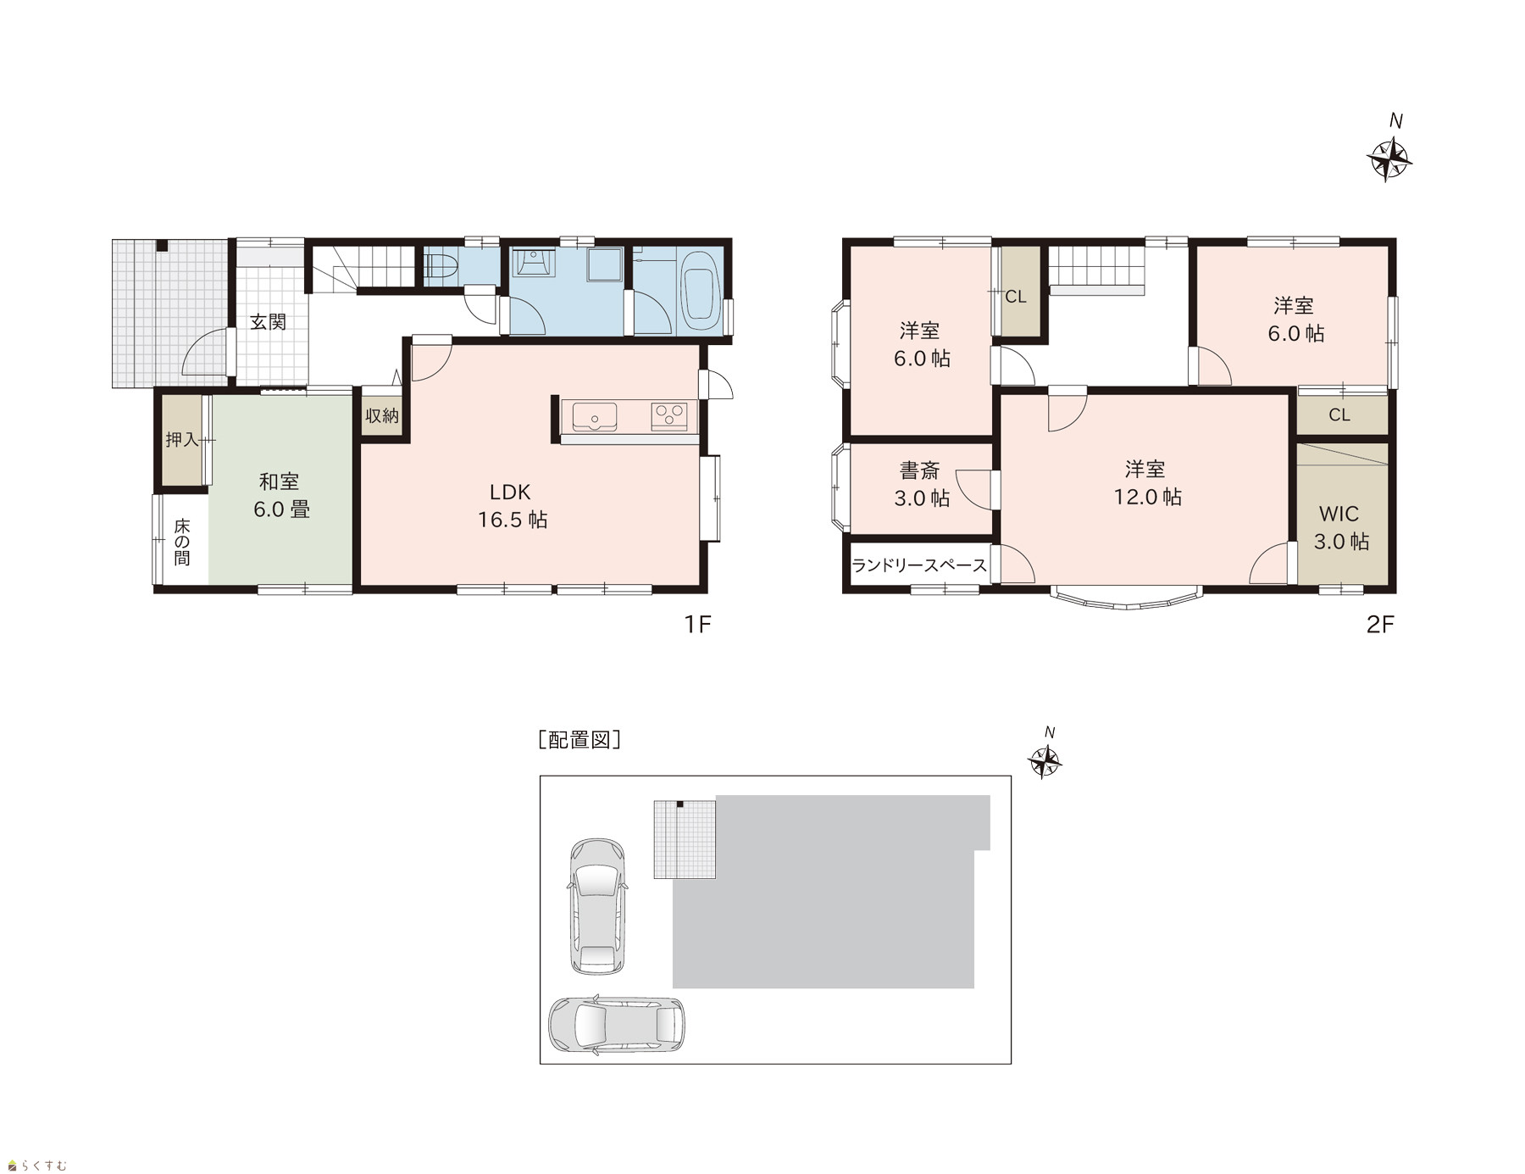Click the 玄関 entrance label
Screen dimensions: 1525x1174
coord(268,322)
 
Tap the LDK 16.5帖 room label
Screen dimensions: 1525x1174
coord(512,505)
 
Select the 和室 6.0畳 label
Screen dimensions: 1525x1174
coord(281,495)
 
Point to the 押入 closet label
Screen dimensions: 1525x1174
coord(181,440)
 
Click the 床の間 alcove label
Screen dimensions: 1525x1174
coord(182,542)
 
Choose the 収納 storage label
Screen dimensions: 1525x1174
coord(382,415)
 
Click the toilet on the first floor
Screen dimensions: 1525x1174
coord(440,267)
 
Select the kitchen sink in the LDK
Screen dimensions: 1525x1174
coord(594,417)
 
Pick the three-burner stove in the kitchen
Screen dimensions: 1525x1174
coord(669,416)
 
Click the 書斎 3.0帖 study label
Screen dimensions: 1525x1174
coord(921,483)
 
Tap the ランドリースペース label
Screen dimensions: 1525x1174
coord(919,565)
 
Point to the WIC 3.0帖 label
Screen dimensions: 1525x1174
coord(1340,527)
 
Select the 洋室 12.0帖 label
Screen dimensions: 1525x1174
coord(1146,482)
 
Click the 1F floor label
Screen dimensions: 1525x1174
coord(697,625)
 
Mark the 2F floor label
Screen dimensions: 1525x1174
coord(1380,625)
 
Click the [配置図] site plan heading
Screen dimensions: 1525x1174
coord(579,739)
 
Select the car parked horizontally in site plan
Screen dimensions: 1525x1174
coord(616,1024)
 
